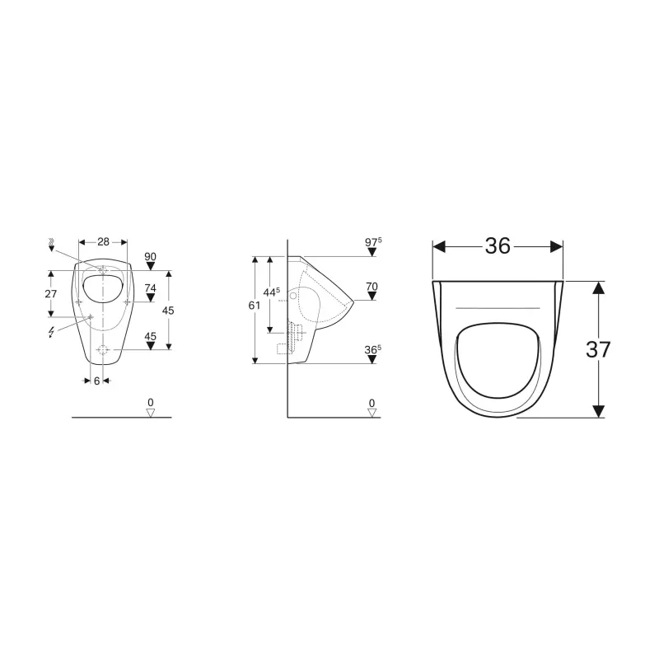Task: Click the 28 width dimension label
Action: click(x=104, y=241)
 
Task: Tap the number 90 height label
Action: click(x=150, y=256)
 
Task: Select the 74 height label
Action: click(x=150, y=287)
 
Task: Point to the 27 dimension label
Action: click(x=51, y=294)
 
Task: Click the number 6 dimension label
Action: click(x=96, y=381)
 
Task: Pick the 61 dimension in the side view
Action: click(x=254, y=306)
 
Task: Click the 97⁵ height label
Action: click(x=373, y=242)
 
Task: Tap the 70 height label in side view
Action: click(x=372, y=287)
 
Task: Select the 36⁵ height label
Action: click(x=373, y=349)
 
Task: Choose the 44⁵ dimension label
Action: click(x=272, y=292)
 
